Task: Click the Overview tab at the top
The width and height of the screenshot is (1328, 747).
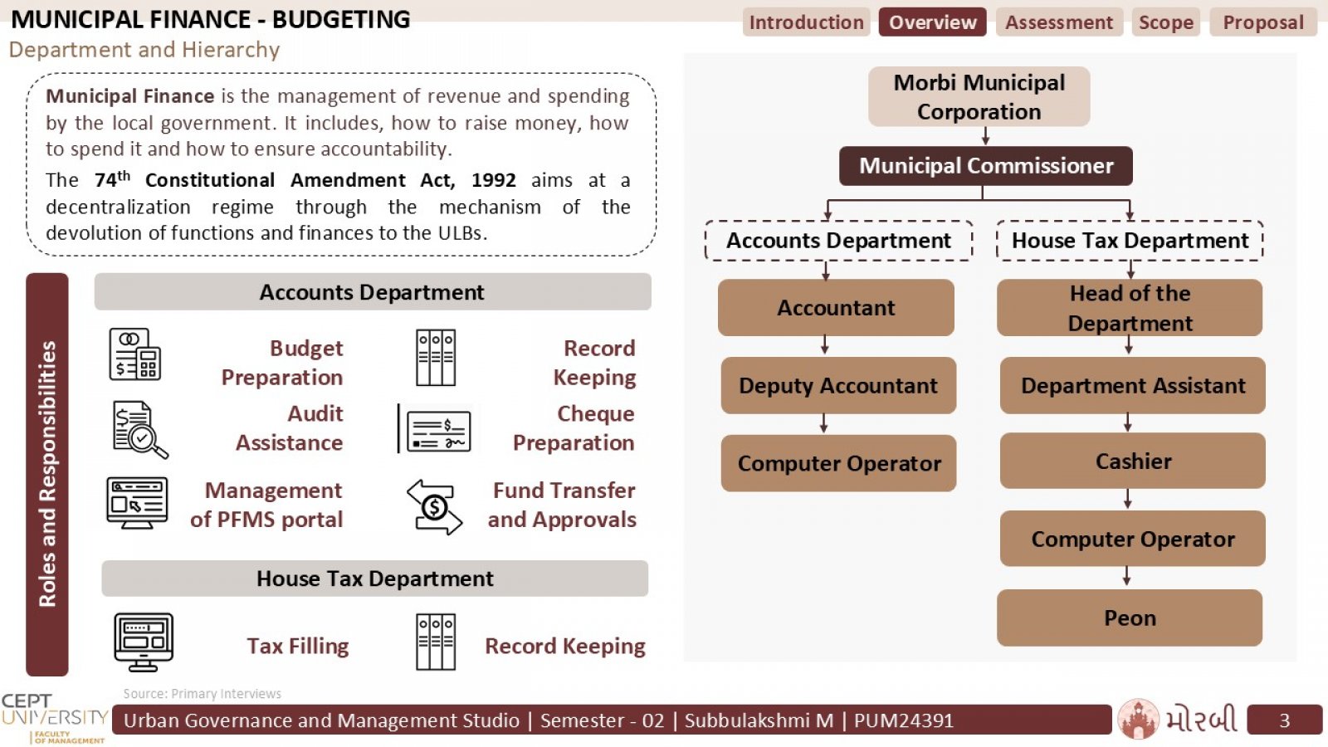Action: tap(932, 22)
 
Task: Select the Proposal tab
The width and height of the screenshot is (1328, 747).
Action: tap(1263, 22)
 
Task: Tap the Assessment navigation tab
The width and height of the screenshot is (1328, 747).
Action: tap(1059, 22)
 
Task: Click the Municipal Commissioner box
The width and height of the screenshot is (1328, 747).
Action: tap(985, 166)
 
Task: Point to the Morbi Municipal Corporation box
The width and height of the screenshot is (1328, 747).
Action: tap(979, 96)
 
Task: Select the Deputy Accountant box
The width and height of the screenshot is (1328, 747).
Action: tap(838, 385)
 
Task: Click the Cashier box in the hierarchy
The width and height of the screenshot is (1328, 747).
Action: tap(1132, 461)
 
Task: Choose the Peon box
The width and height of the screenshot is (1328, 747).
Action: tap(1130, 618)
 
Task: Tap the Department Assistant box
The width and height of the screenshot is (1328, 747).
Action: tap(1132, 385)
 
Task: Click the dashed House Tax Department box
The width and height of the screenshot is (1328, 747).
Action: tap(1130, 241)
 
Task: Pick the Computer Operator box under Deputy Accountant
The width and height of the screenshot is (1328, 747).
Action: tap(838, 463)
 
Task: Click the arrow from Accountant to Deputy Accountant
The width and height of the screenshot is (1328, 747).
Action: tap(825, 345)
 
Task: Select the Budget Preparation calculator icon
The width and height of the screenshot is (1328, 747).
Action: tap(135, 354)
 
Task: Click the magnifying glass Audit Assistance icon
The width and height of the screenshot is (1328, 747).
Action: tap(140, 429)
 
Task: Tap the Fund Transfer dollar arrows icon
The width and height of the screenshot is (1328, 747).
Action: tap(435, 507)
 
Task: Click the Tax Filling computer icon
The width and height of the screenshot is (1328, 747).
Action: tap(144, 642)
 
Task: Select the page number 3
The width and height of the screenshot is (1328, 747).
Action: tap(1284, 720)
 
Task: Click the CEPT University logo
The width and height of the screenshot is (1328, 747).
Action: tap(55, 719)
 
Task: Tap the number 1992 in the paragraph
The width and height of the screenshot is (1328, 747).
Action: tap(493, 180)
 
